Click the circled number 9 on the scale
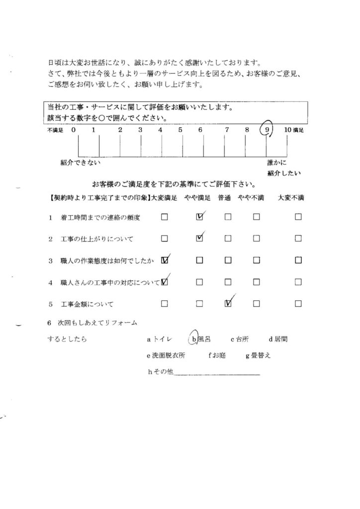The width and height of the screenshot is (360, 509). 268,130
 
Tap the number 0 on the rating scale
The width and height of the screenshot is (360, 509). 73,130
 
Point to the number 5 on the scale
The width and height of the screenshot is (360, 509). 180,130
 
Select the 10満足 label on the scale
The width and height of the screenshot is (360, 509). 293,130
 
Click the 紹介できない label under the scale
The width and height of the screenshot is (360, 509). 81,162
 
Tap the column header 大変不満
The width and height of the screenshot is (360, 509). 293,198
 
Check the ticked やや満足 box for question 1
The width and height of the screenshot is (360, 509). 200,217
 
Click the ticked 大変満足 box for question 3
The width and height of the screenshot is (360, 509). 165,259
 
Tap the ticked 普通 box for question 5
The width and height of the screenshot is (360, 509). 228,303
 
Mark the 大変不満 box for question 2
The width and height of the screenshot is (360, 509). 298,238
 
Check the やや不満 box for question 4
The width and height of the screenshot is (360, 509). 257,282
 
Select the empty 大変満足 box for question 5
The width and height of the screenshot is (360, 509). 165,303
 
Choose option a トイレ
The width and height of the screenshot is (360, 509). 159,340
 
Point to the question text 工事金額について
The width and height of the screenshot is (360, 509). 87,303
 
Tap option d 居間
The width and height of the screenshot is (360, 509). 278,340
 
